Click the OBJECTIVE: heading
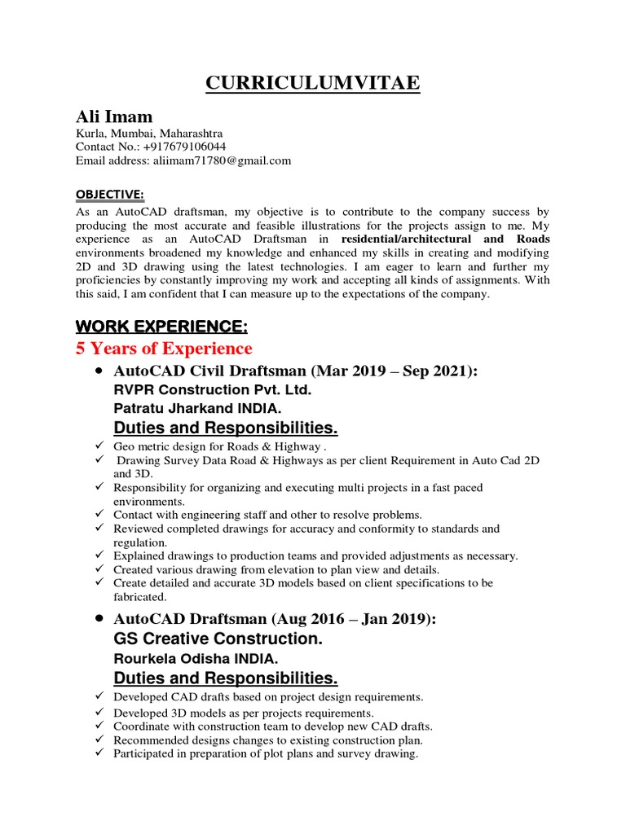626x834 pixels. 109,193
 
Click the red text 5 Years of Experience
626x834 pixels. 164,349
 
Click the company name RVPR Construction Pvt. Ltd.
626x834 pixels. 212,390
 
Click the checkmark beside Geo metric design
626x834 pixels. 98,446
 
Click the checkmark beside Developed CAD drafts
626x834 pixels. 98,697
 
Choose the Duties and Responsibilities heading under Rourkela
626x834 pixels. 225,678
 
